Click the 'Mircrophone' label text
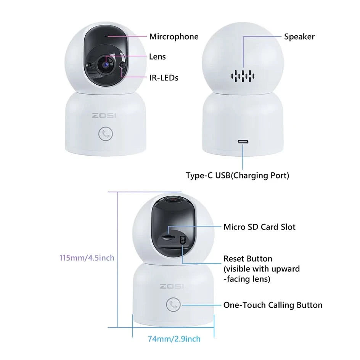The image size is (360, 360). coord(174,37)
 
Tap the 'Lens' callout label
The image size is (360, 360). coord(157,57)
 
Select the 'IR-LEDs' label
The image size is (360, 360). coord(164,78)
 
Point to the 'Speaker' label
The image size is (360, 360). coord(299,37)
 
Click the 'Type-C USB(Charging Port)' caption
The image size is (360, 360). coord(238,176)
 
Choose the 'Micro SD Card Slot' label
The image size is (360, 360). coord(259,227)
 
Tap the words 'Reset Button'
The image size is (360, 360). coord(248,259)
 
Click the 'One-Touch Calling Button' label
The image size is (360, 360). coord(273,305)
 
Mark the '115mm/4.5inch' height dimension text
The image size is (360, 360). coord(87,258)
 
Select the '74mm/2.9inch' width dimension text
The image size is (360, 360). coord(174,339)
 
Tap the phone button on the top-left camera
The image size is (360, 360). coord(106,133)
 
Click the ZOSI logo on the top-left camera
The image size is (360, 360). coord(104,116)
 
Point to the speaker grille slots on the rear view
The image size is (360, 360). coord(243,76)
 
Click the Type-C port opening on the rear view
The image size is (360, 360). coord(243,141)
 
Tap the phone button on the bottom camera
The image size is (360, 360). coord(173,305)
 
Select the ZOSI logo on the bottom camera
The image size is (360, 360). coord(172,286)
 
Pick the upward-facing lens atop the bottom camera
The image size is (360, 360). coord(174,199)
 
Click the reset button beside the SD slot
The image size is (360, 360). coord(183,240)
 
